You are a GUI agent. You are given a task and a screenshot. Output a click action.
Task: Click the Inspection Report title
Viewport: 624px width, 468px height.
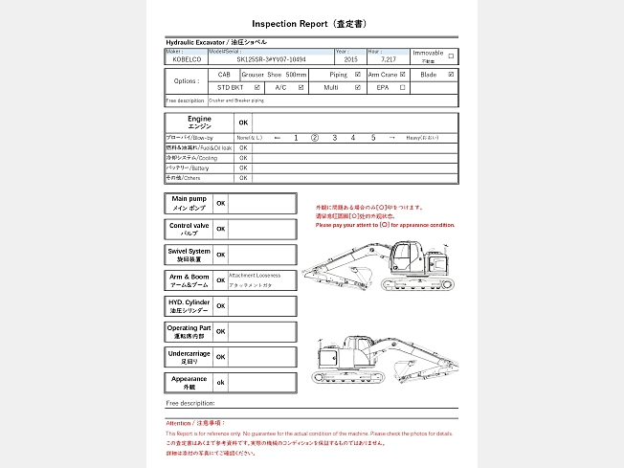pos(312,23)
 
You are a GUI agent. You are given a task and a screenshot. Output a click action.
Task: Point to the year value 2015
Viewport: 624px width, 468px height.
pos(350,58)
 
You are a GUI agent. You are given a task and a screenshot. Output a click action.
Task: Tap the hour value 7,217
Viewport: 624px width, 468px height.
pos(388,58)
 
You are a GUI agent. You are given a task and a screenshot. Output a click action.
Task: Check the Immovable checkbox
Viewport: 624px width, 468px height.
pos(452,56)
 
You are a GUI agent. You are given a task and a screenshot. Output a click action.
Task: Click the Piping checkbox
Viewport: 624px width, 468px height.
pos(358,74)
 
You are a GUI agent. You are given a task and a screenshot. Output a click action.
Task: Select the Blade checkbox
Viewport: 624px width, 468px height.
pos(452,74)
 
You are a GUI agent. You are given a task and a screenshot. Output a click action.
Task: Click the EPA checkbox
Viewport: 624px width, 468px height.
pos(403,87)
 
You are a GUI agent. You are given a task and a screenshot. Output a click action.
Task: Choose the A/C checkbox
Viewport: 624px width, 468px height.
pos(301,87)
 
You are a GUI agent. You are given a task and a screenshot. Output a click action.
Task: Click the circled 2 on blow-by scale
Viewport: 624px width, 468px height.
pos(314,138)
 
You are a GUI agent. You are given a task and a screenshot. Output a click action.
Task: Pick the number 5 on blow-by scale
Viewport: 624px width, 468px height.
pos(373,138)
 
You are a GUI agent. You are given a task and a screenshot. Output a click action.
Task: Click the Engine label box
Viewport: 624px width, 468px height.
pos(199,123)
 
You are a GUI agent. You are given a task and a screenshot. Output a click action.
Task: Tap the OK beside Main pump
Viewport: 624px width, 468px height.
pos(221,204)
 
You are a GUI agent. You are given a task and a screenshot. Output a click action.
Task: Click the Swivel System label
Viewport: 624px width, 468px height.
pos(188,255)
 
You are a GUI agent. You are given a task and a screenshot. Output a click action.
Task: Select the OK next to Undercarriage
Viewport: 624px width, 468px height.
pos(221,357)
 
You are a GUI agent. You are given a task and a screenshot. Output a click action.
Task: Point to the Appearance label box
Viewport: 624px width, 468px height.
pos(189,383)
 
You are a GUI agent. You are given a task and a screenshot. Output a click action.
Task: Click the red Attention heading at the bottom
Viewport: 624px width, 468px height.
pos(195,422)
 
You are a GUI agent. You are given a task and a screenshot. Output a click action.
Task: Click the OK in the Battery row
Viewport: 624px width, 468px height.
pos(243,167)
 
